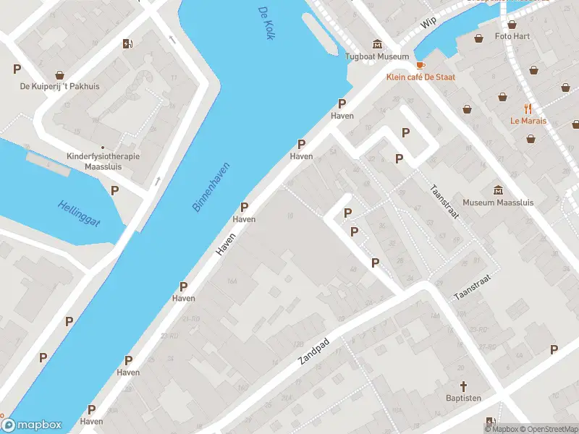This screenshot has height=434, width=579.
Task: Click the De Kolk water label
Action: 266,22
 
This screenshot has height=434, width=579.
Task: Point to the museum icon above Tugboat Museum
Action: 376,43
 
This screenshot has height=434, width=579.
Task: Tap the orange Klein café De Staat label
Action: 420,77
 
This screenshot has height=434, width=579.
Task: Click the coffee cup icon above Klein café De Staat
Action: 420,64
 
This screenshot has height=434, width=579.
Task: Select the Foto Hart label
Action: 512,36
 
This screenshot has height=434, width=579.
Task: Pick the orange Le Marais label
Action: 528,121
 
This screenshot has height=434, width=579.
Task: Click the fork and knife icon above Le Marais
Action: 528,109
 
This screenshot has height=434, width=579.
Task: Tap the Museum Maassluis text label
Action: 498,203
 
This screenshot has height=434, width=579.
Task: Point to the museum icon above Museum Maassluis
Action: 498,190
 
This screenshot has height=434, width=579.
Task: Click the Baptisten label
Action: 464,398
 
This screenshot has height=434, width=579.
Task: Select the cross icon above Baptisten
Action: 464,386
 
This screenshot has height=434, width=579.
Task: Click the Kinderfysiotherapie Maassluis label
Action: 103,161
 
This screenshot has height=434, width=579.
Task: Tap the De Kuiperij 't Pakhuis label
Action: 59,86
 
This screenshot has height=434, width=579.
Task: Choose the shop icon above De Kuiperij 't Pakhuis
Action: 59,74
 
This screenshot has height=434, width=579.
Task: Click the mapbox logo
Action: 32,425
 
